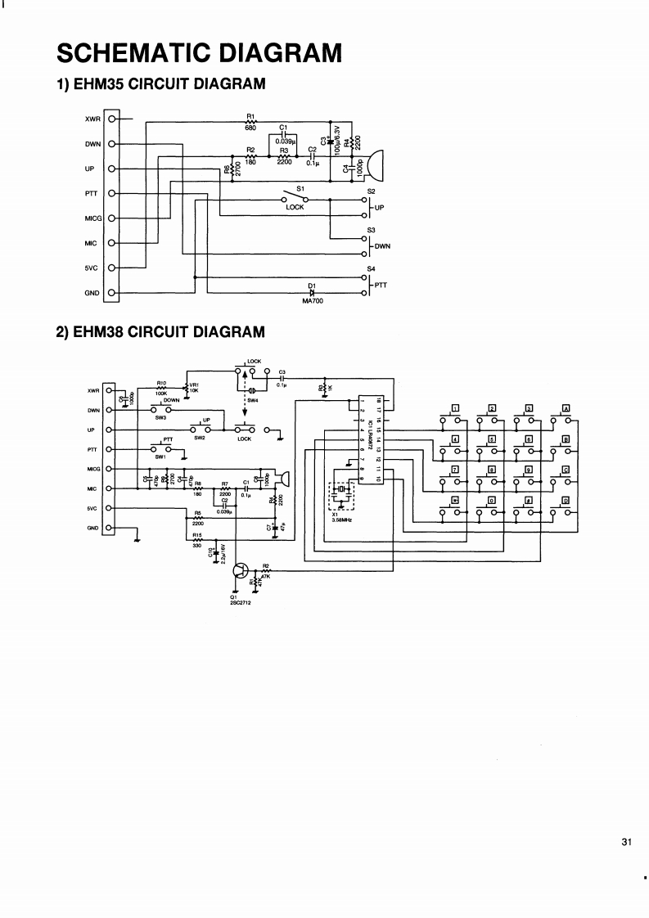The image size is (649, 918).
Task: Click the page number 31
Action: coord(627,843)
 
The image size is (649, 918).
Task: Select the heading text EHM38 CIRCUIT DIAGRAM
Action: coord(169,332)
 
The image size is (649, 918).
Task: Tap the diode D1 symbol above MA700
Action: coord(311,292)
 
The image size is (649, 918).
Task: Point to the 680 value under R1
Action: coord(250,128)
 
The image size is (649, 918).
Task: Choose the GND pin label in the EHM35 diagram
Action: coord(92,293)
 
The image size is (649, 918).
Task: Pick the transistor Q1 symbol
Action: coord(241,571)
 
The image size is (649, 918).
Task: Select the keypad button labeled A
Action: coord(566,409)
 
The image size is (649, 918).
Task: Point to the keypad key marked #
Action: coord(530,499)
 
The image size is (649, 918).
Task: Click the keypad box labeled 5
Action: coord(493,439)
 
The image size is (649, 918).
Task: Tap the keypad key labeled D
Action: coord(566,499)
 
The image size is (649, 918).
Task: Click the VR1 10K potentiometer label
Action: coord(194,388)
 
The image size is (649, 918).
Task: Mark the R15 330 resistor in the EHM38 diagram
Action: coord(196,541)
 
